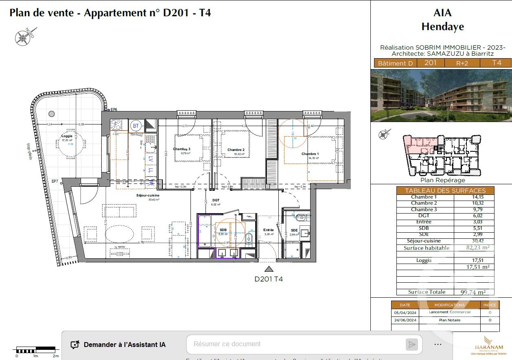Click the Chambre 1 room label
coord(310,154)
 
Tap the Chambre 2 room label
coord(236,150)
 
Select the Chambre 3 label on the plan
coord(182,149)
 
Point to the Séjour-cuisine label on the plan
coord(148,196)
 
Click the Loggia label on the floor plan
coord(67,136)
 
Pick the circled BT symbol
coord(136,126)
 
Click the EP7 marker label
coord(55,181)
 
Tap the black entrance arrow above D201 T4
coord(269,269)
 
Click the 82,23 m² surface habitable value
coord(475,248)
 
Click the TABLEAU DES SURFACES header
coord(445,190)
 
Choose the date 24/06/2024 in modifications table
coord(405,320)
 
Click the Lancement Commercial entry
coord(449,312)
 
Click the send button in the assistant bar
coord(412,345)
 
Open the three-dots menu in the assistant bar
coord(438,345)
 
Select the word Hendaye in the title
coord(442,27)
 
